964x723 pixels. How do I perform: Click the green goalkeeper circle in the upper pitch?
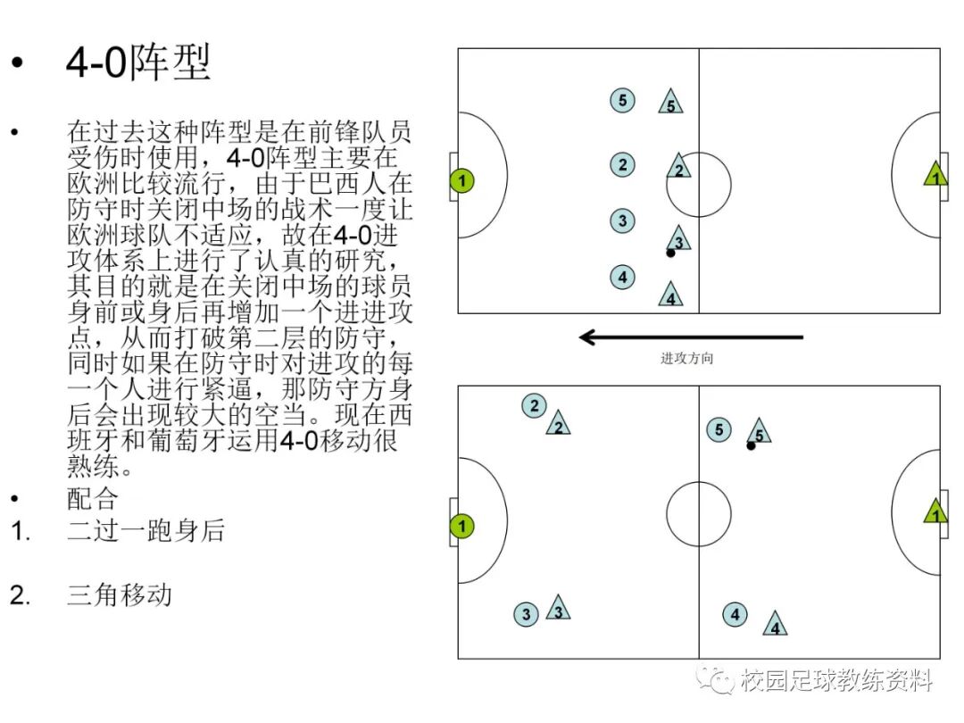(461, 181)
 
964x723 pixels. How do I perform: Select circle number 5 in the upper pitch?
(623, 100)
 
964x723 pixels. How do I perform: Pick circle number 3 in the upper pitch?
(623, 220)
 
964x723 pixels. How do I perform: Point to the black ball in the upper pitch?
(670, 253)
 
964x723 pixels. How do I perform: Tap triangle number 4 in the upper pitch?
(671, 295)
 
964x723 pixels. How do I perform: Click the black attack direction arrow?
(691, 337)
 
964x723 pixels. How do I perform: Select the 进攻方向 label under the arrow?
(686, 359)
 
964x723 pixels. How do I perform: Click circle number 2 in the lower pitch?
(534, 406)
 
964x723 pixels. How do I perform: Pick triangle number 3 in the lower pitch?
(558, 610)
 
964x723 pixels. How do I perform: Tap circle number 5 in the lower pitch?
(719, 430)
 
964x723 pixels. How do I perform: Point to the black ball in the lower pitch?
(751, 445)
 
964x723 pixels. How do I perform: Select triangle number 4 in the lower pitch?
(775, 625)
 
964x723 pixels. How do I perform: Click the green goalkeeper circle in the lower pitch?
(461, 527)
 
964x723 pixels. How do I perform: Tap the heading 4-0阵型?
(138, 64)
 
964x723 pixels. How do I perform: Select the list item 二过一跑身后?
(145, 530)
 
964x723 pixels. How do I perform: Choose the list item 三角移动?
(119, 594)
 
